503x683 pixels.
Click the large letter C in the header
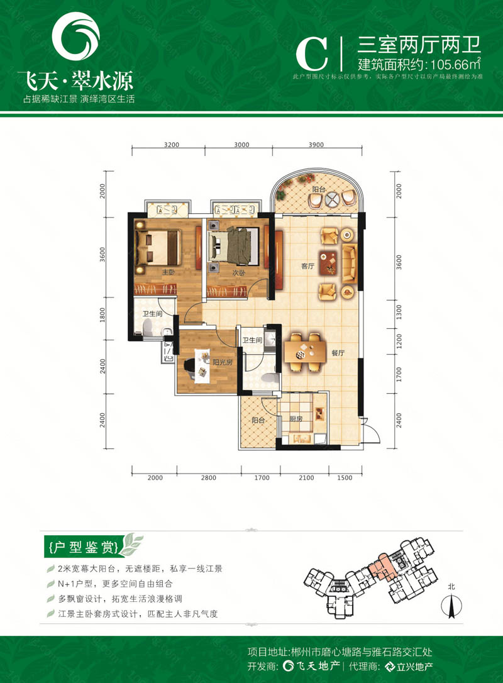tap(312, 53)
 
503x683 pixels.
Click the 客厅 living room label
tap(307, 267)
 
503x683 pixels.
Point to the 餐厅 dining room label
tap(338, 354)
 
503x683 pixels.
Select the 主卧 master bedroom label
tap(168, 272)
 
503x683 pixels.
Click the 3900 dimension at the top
tap(317, 145)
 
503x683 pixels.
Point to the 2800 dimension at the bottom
tap(209, 478)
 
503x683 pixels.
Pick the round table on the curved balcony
tap(331, 199)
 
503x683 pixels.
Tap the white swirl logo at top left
tap(75, 40)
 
